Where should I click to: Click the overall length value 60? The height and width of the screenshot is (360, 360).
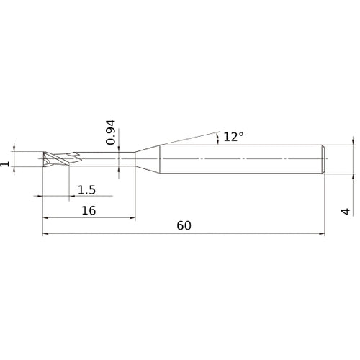(184, 225)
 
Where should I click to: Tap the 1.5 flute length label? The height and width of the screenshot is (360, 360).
(87, 189)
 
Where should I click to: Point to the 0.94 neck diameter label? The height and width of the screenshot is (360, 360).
(111, 132)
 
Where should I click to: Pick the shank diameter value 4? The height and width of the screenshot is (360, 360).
(346, 211)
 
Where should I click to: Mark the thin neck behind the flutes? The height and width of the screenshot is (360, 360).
(108, 159)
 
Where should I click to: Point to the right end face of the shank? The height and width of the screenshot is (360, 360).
(325, 159)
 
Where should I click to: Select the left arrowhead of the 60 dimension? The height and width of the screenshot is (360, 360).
(45, 233)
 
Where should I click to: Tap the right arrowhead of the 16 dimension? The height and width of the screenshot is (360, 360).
(132, 217)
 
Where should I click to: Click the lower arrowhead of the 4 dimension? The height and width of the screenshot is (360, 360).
(353, 175)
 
